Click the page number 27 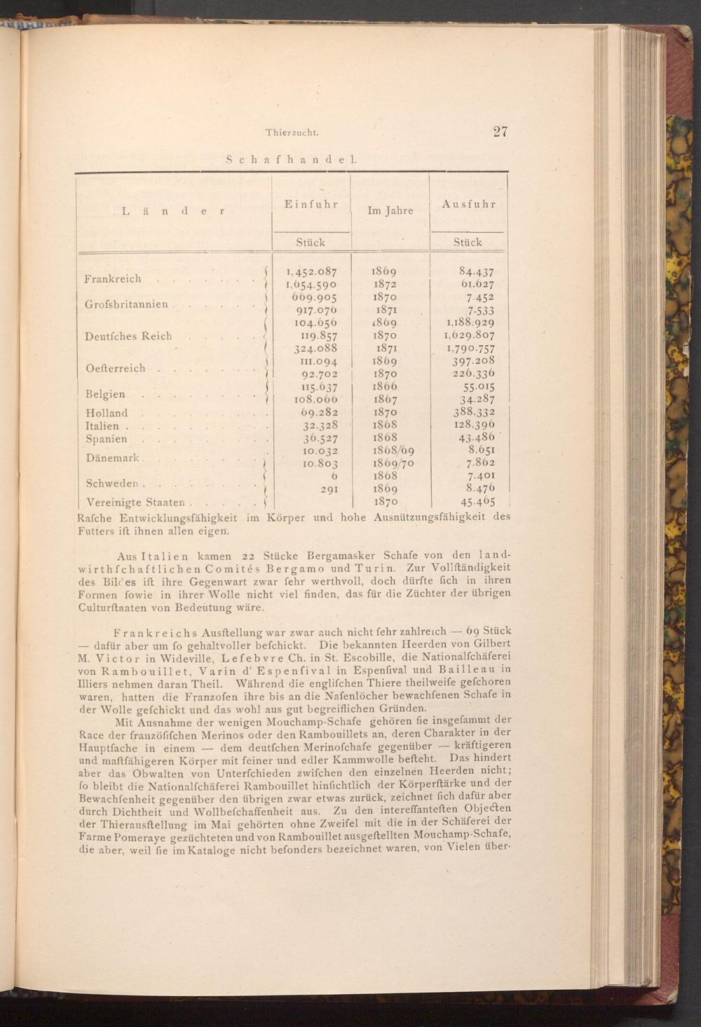click(500, 132)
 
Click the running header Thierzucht click(293, 132)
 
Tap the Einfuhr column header click(311, 204)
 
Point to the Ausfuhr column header click(469, 204)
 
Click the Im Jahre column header click(390, 210)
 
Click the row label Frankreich click(113, 278)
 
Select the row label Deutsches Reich click(128, 336)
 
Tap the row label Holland click(107, 413)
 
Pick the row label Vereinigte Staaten click(135, 502)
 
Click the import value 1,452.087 click(311, 271)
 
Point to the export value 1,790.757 click(470, 349)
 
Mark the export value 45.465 click(477, 502)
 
